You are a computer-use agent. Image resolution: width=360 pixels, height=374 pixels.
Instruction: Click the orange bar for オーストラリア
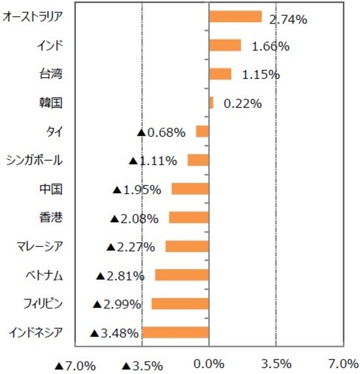235,17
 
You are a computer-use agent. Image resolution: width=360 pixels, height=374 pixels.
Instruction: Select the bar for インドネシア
175,333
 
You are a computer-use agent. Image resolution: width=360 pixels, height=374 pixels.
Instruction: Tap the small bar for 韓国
211,103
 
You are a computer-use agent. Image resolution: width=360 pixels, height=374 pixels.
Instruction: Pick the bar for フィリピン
180,304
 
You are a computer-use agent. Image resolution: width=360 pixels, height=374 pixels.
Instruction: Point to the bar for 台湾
220,74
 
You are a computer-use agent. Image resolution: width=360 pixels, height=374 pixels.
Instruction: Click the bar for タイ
202,132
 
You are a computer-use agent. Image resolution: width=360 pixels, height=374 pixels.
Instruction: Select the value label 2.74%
289,20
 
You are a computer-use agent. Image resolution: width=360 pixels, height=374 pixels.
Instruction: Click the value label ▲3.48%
115,333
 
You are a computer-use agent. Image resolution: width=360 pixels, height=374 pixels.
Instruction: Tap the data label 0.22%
243,103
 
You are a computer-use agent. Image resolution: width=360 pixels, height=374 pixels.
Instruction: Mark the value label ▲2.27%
130,247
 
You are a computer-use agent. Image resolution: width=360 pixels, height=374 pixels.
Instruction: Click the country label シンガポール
33,160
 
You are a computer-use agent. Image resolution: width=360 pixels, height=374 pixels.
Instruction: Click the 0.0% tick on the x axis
209,364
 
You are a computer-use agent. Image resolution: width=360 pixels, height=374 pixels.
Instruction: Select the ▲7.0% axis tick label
75,364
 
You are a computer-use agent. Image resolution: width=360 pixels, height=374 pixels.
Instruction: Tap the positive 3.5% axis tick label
276,364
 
